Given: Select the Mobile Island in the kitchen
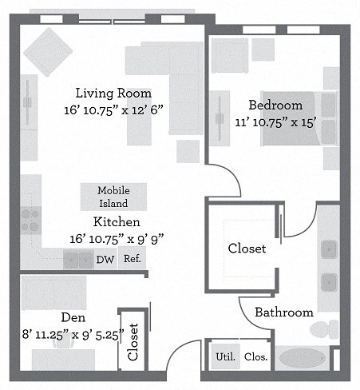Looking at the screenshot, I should pyautogui.click(x=113, y=196).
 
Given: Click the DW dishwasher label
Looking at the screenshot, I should pyautogui.click(x=105, y=259).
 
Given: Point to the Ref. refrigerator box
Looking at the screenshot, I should pyautogui.click(x=133, y=259).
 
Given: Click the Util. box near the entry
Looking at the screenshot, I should pyautogui.click(x=225, y=356).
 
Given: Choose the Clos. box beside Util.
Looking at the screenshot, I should pyautogui.click(x=255, y=356).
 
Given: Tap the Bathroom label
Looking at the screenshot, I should pyautogui.click(x=283, y=312).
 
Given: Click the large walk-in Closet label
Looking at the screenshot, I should pyautogui.click(x=247, y=249).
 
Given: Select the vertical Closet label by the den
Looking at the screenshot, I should pyautogui.click(x=133, y=340).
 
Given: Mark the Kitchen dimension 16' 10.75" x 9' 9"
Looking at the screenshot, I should pyautogui.click(x=117, y=238).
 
